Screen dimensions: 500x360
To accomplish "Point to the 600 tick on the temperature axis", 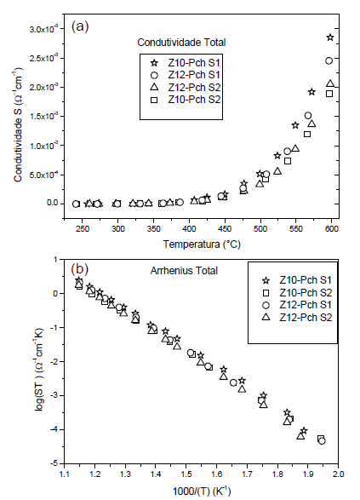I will click(x=332, y=229).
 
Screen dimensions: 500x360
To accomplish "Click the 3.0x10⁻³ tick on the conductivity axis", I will click(x=53, y=30).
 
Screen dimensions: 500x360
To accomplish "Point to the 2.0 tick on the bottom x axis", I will click(x=338, y=469).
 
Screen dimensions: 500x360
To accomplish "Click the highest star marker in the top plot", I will click(x=330, y=38).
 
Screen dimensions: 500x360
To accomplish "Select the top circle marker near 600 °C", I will click(x=330, y=60).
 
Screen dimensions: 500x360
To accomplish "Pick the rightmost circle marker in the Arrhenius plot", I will click(x=322, y=440).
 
